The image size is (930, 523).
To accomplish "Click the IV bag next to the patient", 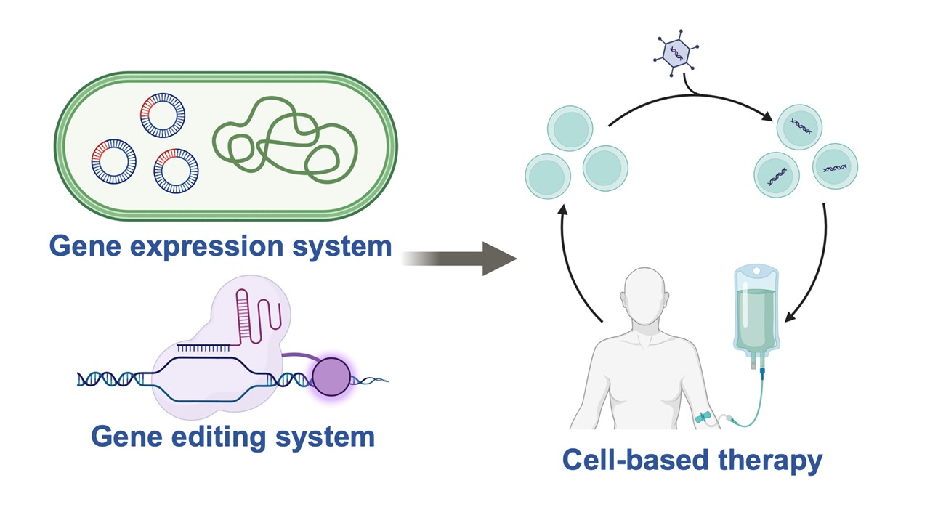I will coord(756,312).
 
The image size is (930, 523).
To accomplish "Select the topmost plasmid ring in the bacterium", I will coord(162,115).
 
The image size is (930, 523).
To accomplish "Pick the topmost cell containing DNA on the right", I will coord(799,128).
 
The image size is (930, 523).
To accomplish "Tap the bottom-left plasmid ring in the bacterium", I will coord(114,162).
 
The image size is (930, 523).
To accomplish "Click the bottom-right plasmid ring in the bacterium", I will coord(176,171).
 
